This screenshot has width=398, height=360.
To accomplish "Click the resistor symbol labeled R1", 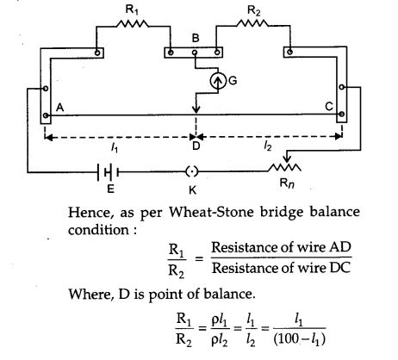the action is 133,24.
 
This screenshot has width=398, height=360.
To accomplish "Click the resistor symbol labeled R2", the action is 253,23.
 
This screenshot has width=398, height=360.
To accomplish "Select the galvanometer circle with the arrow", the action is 218,82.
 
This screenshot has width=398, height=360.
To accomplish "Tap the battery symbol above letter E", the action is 108,172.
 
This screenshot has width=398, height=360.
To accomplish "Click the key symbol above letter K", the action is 192,172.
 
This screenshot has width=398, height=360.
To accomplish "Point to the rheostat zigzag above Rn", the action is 285,167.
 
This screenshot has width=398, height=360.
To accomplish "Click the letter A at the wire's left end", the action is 59,108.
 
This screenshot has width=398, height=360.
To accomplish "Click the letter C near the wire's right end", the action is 329,107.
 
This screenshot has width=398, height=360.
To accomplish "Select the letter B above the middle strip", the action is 196,38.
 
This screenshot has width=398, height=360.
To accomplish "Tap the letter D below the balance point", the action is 196,146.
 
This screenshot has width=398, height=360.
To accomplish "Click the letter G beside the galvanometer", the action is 233,81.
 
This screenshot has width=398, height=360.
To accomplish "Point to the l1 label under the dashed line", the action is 115,148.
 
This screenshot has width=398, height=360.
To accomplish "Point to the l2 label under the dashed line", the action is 267,147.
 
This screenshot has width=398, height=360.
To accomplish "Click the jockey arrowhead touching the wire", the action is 196,109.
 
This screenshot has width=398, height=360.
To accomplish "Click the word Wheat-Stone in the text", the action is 211,212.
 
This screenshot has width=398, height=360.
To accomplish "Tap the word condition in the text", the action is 98,230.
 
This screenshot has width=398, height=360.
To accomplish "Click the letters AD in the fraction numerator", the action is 340,247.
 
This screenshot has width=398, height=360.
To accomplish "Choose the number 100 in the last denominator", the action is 289,339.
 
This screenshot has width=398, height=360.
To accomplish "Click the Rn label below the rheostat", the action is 287,183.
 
